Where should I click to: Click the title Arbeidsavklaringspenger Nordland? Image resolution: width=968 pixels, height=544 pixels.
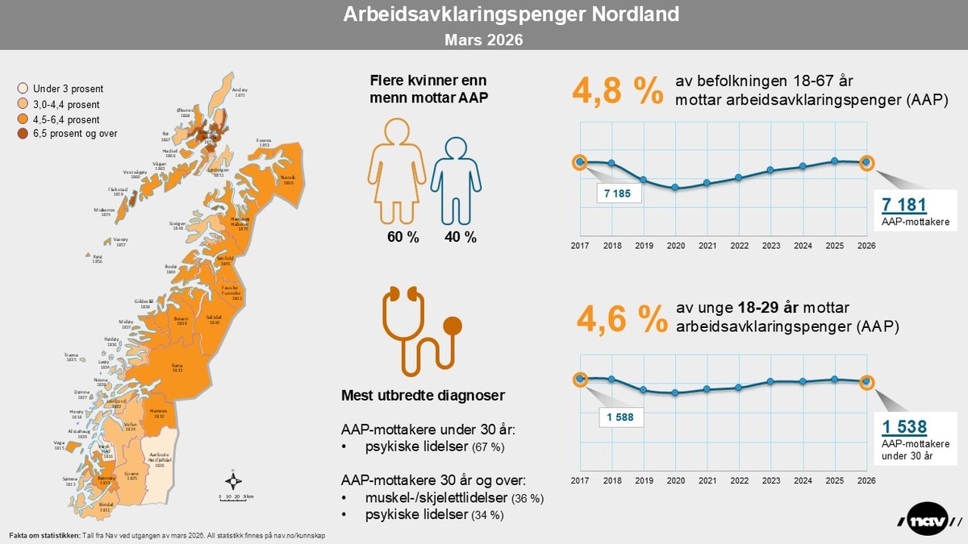tap(483, 15)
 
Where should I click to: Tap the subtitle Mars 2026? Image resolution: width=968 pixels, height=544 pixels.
tap(483, 39)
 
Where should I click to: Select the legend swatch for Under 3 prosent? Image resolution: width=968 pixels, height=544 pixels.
tap(23, 89)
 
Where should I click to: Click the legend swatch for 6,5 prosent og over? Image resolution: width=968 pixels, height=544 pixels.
tap(23, 134)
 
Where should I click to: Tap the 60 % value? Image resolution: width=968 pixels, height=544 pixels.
tap(403, 237)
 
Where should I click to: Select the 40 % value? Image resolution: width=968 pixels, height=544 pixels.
tap(460, 237)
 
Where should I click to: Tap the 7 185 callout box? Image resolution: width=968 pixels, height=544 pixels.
tap(620, 193)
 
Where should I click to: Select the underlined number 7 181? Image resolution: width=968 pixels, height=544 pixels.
tap(903, 206)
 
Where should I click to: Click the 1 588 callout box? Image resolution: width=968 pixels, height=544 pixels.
tap(620, 418)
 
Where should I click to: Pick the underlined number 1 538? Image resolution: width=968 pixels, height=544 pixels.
tap(904, 427)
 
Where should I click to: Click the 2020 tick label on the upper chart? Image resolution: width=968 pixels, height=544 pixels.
tap(675, 246)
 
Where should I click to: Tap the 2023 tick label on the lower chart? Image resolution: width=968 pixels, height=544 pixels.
tap(770, 480)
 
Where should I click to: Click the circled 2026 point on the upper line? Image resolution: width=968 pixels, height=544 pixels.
tap(866, 162)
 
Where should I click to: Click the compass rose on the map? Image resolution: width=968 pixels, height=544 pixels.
tap(233, 482)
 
